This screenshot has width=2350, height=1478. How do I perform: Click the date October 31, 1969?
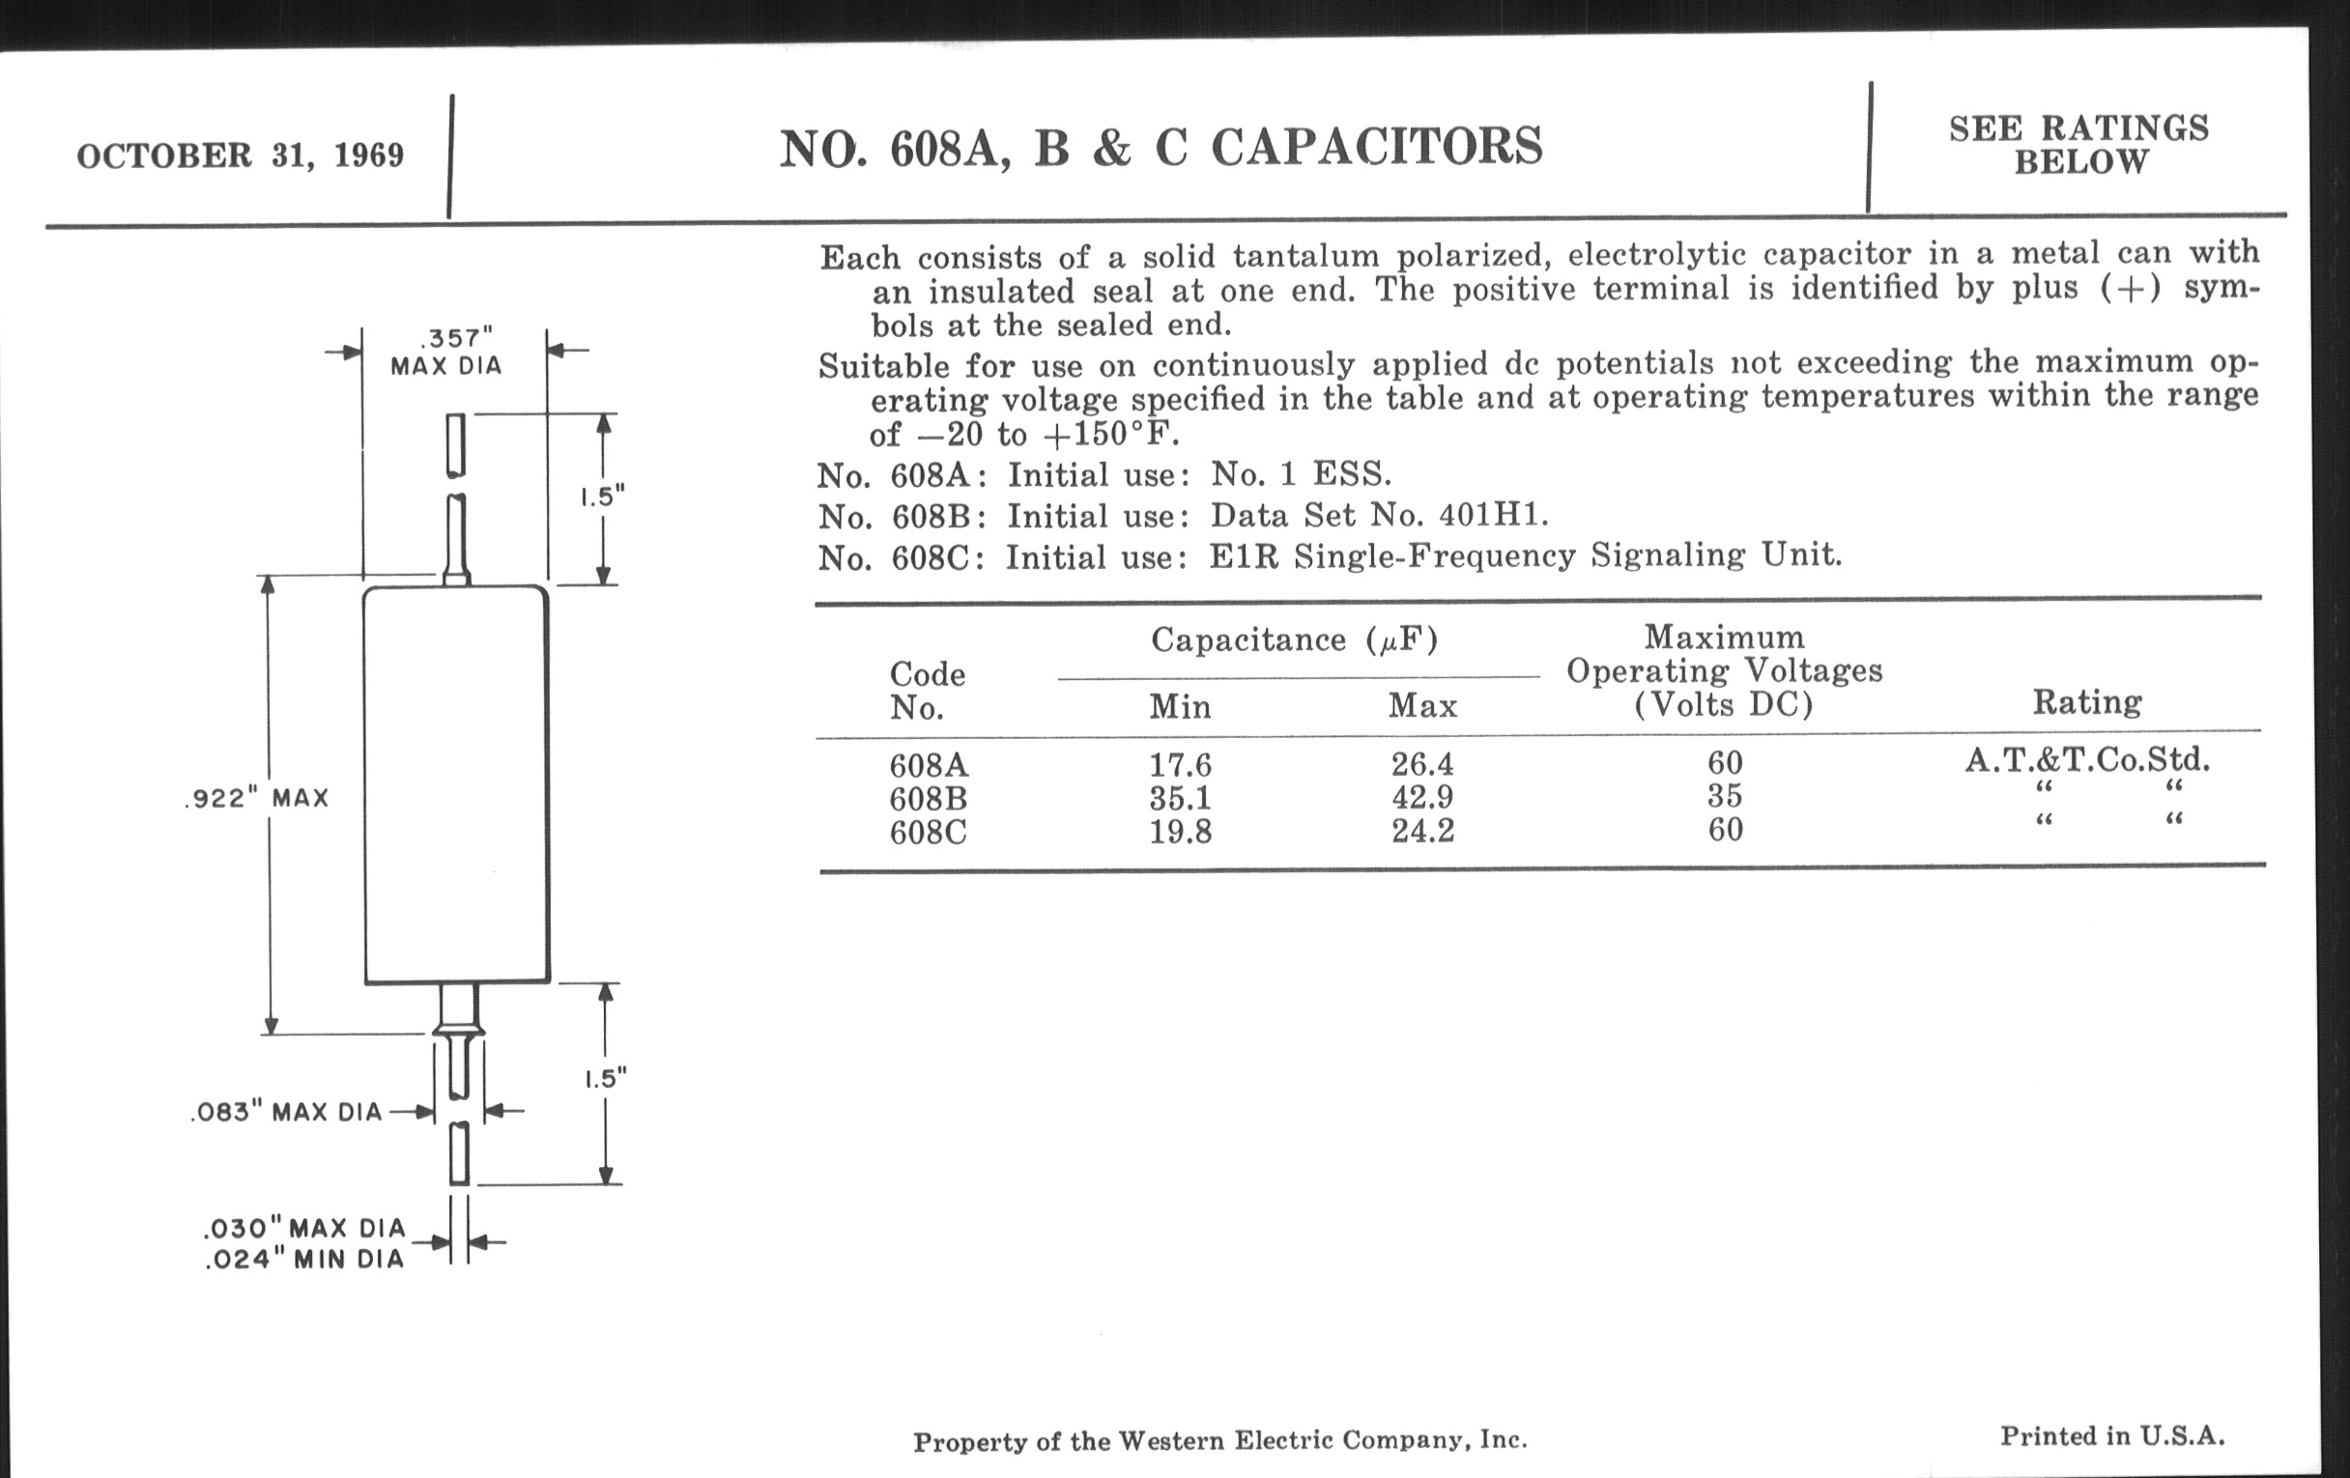tap(240, 156)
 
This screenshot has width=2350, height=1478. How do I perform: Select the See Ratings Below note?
tap(2078, 144)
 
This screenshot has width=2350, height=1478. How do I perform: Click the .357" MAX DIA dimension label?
tap(446, 353)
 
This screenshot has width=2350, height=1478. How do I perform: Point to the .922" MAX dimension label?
tap(257, 799)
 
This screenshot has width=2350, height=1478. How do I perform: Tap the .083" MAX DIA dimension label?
tap(286, 1112)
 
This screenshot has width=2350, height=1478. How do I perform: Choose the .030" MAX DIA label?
tap(304, 1228)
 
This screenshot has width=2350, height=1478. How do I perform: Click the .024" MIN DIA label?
tap(304, 1260)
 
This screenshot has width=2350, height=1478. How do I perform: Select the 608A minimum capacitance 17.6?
tap(1180, 765)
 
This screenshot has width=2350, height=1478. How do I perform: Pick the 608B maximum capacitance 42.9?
tap(1422, 798)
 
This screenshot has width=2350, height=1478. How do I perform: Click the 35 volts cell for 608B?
tap(1725, 797)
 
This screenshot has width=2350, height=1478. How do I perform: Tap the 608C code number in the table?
tap(927, 832)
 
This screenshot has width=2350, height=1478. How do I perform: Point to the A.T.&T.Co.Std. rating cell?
tap(2086, 760)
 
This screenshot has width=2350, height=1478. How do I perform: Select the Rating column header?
tap(2086, 702)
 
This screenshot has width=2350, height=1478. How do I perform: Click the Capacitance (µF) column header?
tap(1294, 640)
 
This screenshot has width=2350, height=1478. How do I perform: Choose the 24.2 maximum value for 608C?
tap(1422, 831)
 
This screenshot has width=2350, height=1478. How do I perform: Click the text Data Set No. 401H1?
tap(1379, 515)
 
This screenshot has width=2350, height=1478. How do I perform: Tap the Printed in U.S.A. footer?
tap(2112, 1436)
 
